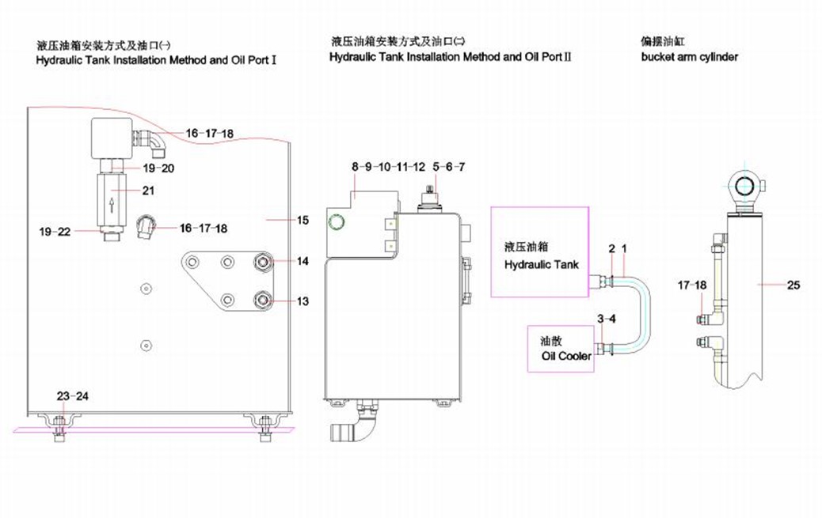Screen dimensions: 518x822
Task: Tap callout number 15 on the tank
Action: coord(303,221)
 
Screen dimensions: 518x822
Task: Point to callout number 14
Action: coord(303,261)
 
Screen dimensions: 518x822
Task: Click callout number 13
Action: coord(303,301)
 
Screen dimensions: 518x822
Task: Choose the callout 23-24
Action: coord(73,395)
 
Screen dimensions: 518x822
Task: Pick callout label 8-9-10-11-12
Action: coord(388,167)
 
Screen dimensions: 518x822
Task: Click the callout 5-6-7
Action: coord(449,167)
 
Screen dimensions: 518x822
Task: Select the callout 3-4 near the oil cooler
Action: coord(606,319)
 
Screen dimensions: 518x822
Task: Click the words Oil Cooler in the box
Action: coord(566,356)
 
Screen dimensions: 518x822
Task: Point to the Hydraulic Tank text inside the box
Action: coord(542,264)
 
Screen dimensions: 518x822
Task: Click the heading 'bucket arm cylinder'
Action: coord(689,57)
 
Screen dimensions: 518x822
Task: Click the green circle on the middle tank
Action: coord(337,222)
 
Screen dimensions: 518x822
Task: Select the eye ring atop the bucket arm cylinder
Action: coord(745,185)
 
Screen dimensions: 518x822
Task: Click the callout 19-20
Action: coord(159,168)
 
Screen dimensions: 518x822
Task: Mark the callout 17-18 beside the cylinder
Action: coord(691,285)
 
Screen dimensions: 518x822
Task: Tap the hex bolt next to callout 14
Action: coord(261,262)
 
